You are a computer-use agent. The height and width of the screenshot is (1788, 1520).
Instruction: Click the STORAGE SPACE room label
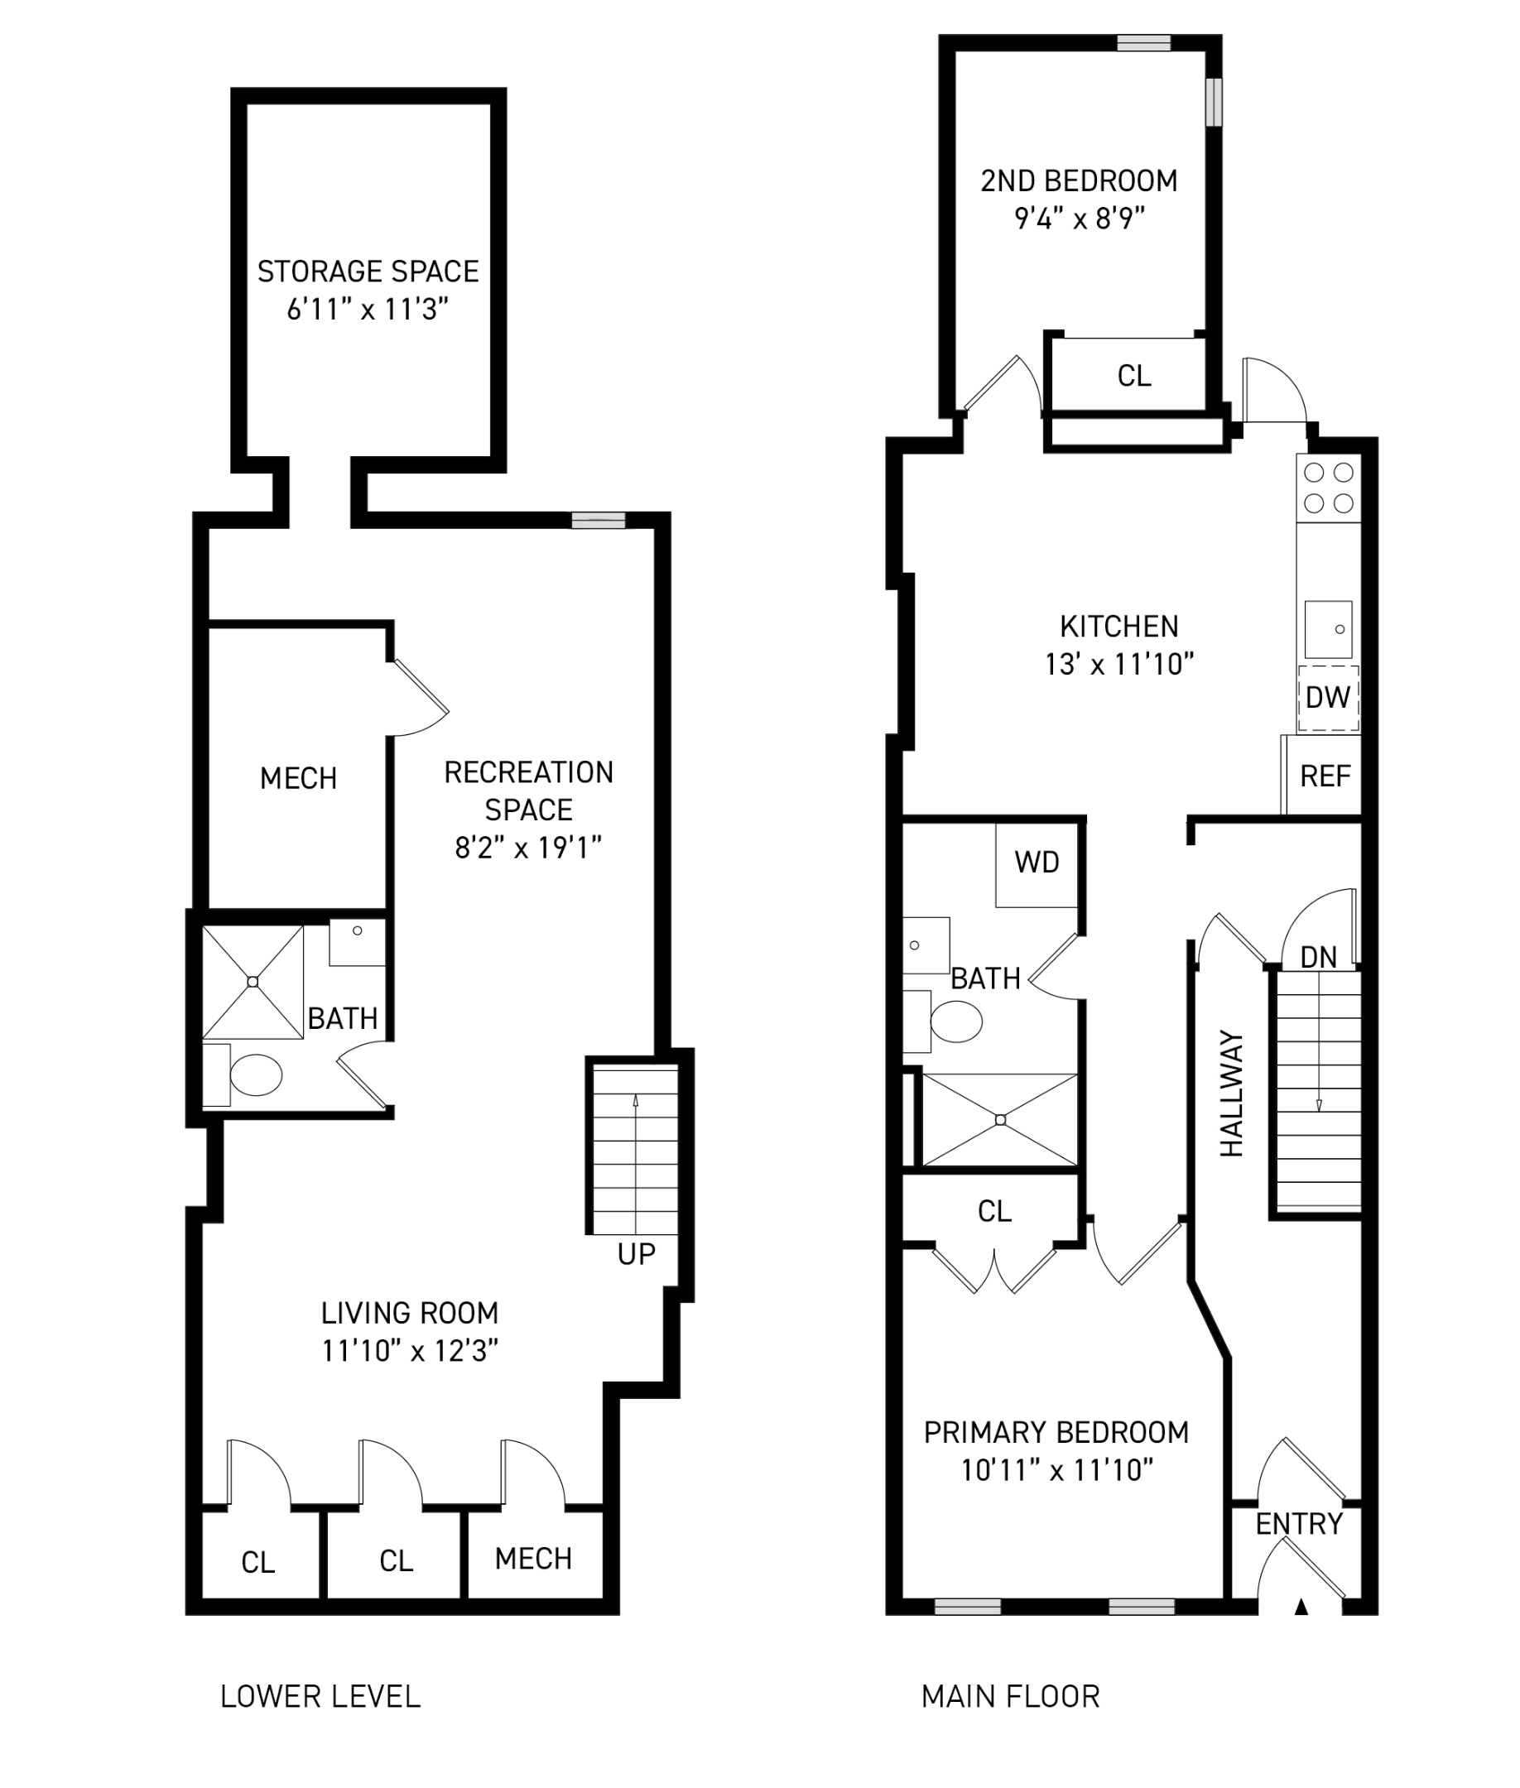[368, 272]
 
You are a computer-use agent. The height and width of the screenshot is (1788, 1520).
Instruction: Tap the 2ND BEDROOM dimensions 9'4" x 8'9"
[1079, 219]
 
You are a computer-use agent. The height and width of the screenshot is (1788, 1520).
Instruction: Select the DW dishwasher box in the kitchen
[1328, 698]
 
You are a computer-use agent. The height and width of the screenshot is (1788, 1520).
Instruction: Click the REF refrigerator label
[1325, 776]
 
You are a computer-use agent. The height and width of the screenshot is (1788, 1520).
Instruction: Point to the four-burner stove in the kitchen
[1328, 487]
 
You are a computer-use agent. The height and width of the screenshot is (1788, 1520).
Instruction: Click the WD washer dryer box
[1037, 863]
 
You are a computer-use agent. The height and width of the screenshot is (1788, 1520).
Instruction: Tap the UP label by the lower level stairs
[636, 1255]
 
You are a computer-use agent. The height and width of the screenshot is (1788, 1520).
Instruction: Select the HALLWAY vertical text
[1232, 1093]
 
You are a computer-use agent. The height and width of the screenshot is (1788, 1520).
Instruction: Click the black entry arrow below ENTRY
[1301, 1606]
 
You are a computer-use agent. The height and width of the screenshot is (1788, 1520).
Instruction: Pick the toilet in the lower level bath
[255, 1075]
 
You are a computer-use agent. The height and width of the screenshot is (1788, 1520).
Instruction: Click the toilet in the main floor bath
[955, 1023]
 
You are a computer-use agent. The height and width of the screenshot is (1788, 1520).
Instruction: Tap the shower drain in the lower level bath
[253, 982]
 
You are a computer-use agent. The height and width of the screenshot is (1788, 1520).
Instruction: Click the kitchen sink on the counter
[1328, 630]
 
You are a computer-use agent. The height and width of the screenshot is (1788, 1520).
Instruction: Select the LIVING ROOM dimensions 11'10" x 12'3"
[410, 1350]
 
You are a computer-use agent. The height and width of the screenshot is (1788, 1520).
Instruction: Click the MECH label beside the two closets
[533, 1558]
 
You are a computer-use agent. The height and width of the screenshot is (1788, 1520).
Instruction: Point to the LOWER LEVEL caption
[320, 1697]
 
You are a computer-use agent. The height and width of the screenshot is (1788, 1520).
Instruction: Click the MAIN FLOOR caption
[1010, 1697]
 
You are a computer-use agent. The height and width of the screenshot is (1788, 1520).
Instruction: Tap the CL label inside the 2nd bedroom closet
[1134, 376]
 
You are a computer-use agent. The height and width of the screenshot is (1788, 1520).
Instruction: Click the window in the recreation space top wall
[599, 520]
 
